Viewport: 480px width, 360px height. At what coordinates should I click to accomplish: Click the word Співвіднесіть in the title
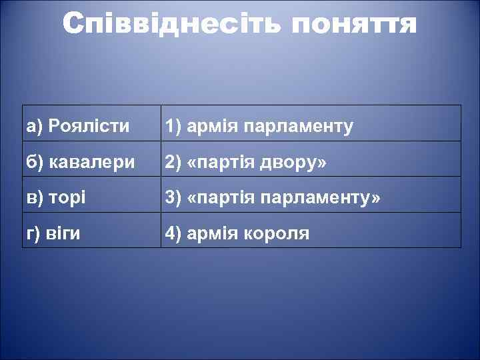tap(173, 25)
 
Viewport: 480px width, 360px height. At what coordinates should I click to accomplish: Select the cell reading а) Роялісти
tap(92, 123)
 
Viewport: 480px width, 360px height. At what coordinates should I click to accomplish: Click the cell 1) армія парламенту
tap(311, 123)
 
